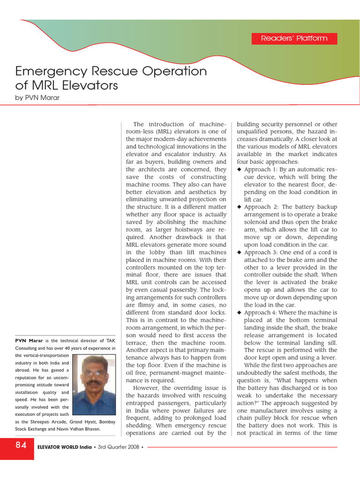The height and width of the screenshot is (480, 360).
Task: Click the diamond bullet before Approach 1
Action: (x=239, y=170)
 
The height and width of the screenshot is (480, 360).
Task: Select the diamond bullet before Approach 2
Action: (x=239, y=207)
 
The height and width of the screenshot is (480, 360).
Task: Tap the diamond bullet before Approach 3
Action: (x=239, y=253)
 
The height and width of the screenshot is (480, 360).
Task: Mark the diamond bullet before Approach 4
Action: (x=239, y=313)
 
